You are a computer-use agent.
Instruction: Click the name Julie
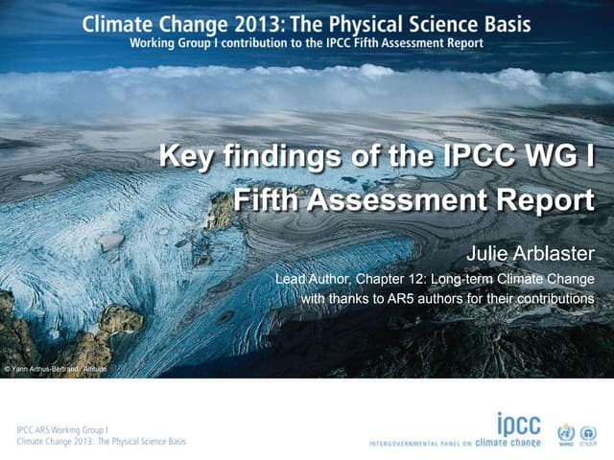click(485, 253)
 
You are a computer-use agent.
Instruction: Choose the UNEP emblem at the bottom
click(589, 432)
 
